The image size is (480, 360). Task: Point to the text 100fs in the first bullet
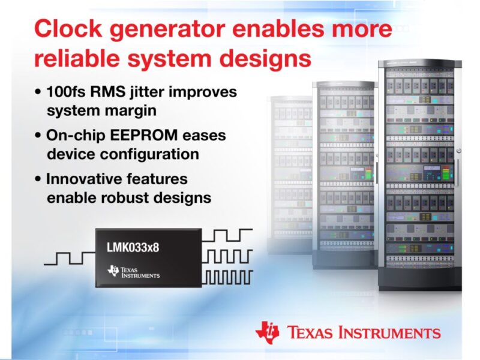[x=70, y=93]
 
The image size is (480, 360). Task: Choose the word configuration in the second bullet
[x=153, y=154]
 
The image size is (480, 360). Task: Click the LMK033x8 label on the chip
[x=134, y=245]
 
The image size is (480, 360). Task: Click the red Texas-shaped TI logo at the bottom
[x=268, y=331]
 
